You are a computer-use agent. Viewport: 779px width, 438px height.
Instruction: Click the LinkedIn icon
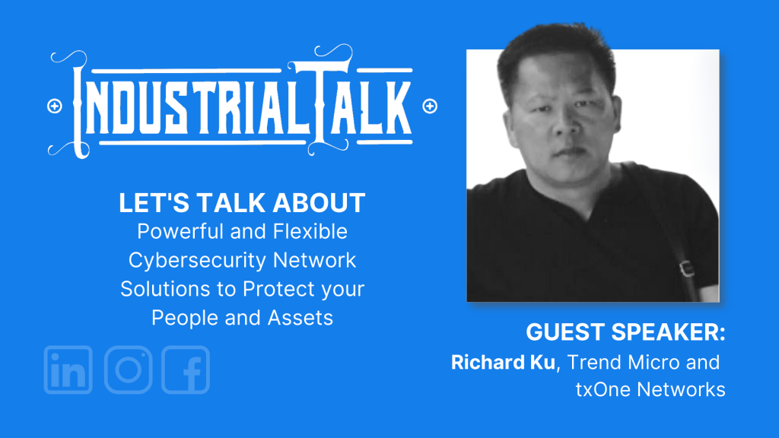point(68,370)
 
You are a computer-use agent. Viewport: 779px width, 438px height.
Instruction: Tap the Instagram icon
point(128,370)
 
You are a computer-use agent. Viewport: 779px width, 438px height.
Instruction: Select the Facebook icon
point(186,370)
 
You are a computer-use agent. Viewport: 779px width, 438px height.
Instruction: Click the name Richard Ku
point(503,363)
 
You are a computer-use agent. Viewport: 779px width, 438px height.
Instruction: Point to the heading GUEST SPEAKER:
point(625,332)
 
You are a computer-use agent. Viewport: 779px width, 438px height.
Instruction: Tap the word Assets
point(300,318)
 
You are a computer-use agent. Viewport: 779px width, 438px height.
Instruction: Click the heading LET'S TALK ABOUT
point(242,202)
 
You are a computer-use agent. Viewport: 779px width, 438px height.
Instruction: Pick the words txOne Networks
point(650,389)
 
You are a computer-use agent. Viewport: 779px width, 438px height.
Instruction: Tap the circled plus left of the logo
point(55,106)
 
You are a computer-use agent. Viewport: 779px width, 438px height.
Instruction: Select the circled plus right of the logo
point(430,106)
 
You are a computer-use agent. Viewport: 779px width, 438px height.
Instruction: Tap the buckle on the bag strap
point(687,268)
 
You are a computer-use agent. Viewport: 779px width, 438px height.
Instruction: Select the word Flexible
point(310,231)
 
